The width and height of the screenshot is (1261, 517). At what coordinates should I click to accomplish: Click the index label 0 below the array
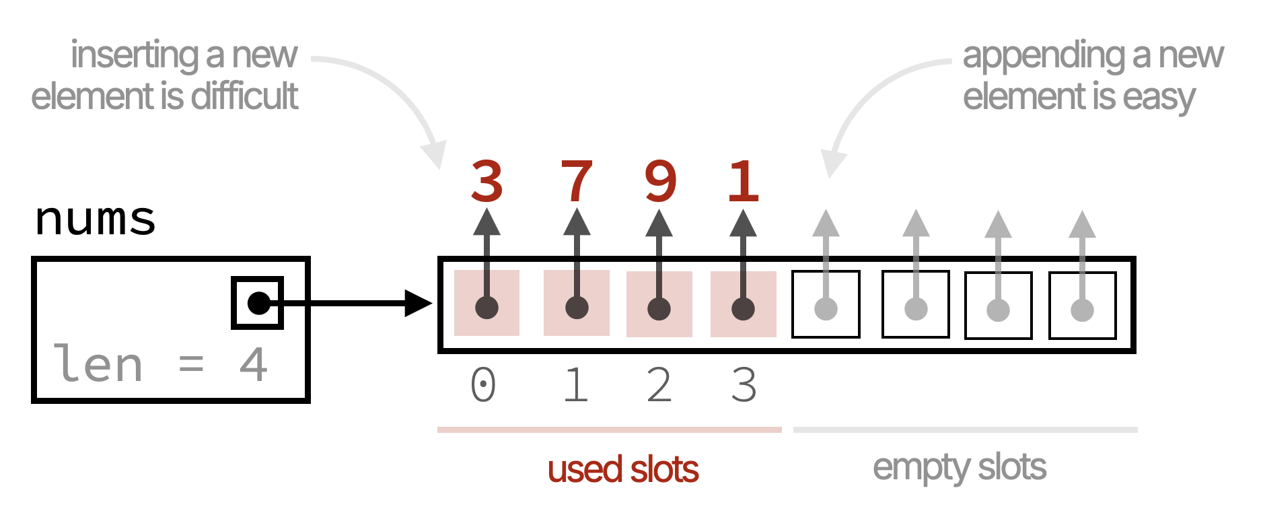click(483, 385)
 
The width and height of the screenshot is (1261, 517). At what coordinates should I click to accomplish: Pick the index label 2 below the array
click(659, 385)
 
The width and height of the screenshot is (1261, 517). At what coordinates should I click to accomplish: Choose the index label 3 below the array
click(744, 385)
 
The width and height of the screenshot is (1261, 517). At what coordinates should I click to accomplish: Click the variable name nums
click(95, 219)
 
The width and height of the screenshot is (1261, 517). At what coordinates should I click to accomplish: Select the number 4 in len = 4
click(254, 365)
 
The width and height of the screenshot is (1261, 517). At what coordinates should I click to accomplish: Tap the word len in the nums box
click(98, 365)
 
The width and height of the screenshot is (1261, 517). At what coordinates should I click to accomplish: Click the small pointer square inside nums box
click(257, 303)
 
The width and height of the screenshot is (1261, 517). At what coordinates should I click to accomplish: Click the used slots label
click(623, 469)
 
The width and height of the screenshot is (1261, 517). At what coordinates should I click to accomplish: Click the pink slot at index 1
click(577, 303)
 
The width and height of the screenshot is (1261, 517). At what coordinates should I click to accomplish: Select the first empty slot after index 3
click(826, 304)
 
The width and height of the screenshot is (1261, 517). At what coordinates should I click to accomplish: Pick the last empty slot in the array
click(1082, 305)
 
